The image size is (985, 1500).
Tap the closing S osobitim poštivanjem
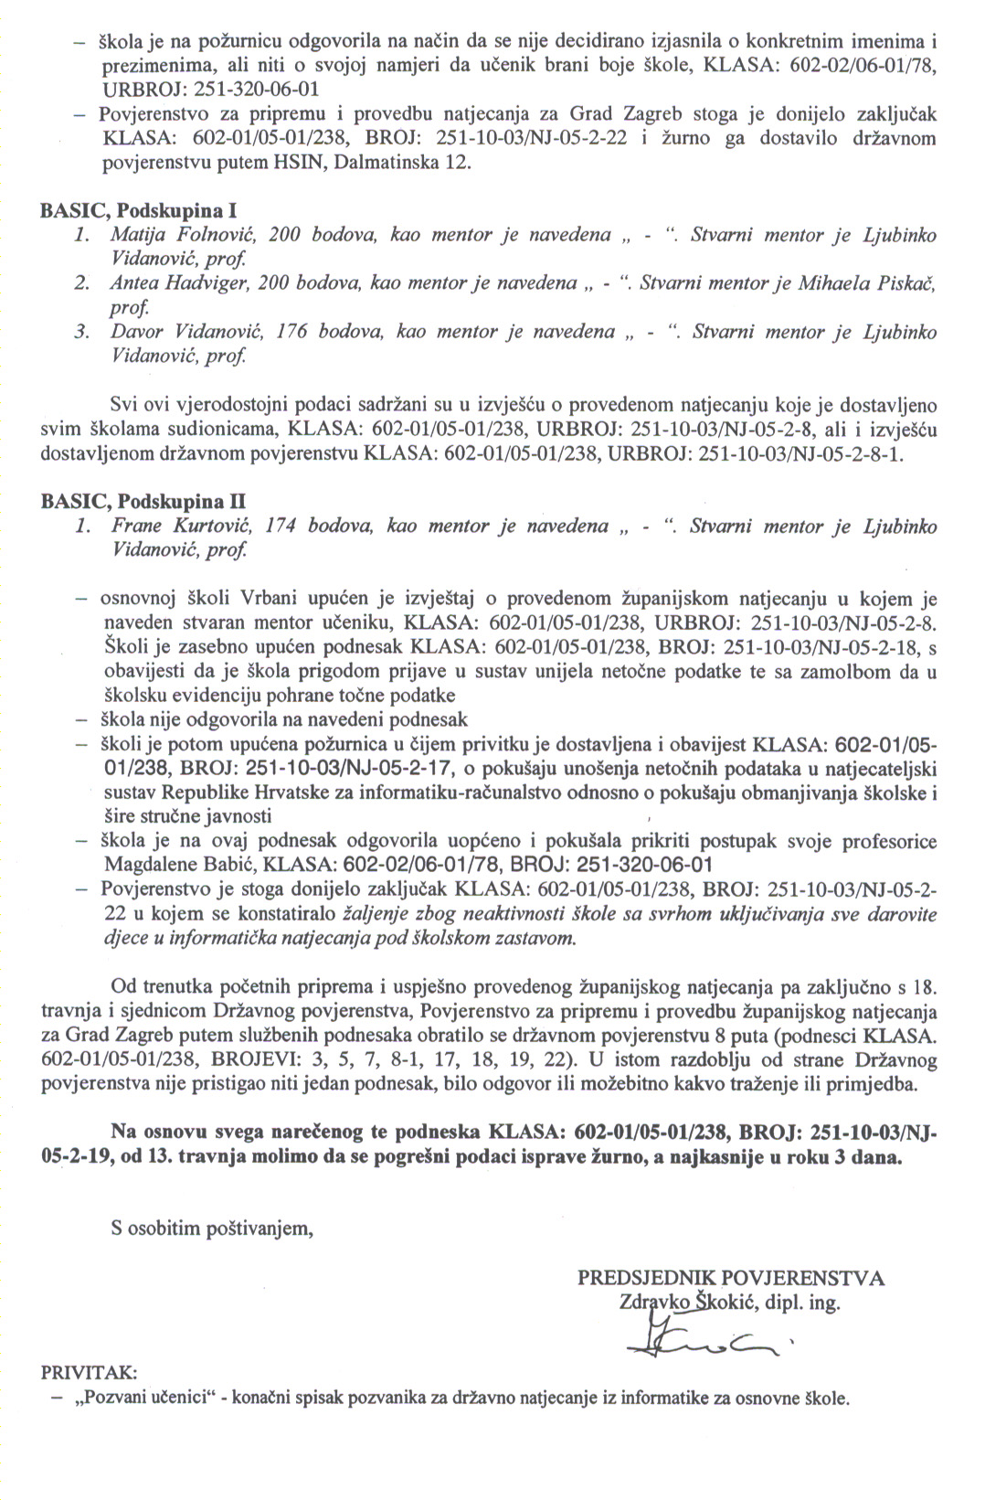coord(212,1228)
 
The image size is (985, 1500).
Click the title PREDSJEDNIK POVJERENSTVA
coord(730,1278)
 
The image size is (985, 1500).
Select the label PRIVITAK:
coord(90,1373)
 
